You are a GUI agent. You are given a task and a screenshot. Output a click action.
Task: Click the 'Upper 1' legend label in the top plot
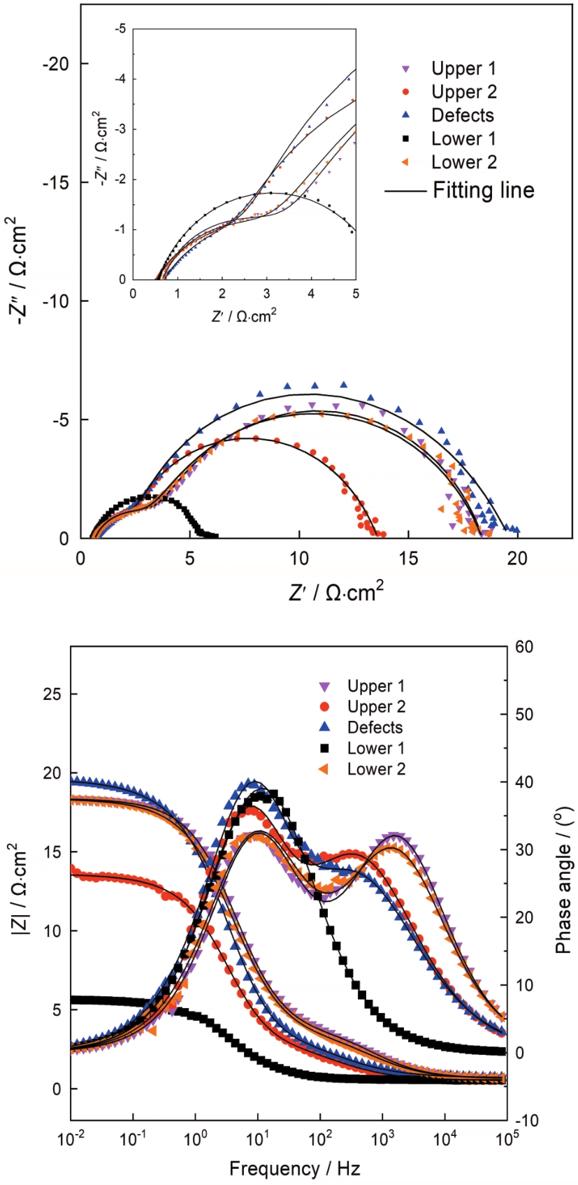pos(463,69)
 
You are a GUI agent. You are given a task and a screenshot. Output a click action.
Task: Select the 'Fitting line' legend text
pos(484,190)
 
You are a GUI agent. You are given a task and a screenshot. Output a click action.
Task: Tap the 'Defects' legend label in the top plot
pos(462,115)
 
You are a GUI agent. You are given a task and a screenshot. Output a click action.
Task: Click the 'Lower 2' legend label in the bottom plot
pos(376,769)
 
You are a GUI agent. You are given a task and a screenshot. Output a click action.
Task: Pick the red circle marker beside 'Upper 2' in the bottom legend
pos(325,707)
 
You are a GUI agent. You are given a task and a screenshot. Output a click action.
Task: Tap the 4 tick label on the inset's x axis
pos(311,294)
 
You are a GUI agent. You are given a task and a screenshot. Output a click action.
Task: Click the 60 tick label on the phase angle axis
pos(523,647)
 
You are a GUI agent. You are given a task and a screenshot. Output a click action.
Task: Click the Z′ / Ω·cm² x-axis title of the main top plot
pos(336,591)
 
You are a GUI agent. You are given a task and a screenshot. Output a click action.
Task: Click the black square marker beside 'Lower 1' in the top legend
pos(405,138)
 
